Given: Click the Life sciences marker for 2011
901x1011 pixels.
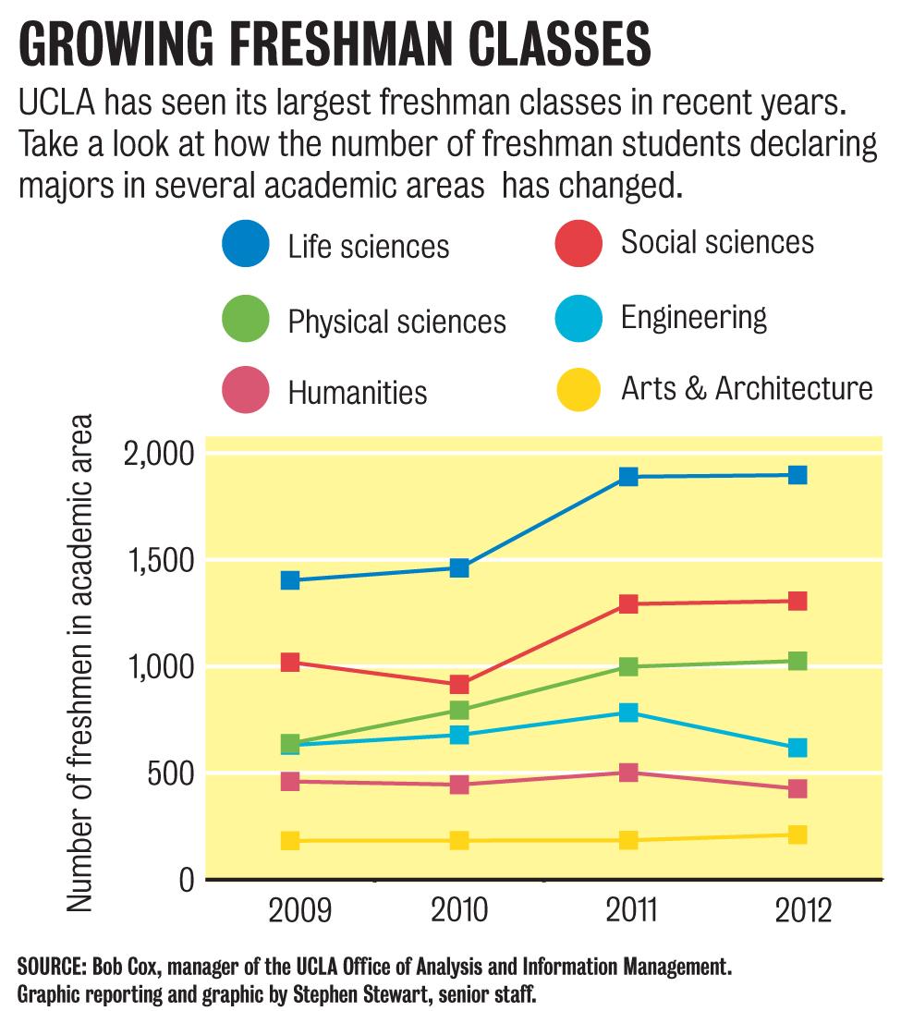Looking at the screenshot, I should click(x=628, y=477).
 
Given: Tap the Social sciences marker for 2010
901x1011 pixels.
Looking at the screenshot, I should click(x=459, y=685).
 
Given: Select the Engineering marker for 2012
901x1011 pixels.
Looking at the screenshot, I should click(x=798, y=748).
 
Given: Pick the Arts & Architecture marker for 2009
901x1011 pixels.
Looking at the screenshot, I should click(x=290, y=841).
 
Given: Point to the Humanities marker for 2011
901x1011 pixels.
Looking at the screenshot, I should click(x=628, y=773).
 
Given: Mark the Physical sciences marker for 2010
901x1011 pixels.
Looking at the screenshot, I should click(x=459, y=711).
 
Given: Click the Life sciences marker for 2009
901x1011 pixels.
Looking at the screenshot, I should click(x=290, y=580).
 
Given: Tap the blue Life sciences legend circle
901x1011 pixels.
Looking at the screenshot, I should click(x=246, y=245).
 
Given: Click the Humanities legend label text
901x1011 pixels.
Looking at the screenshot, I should click(x=358, y=392).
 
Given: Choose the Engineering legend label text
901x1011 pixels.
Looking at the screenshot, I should click(x=694, y=318).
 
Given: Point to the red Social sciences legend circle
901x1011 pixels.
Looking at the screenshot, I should click(x=579, y=243).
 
